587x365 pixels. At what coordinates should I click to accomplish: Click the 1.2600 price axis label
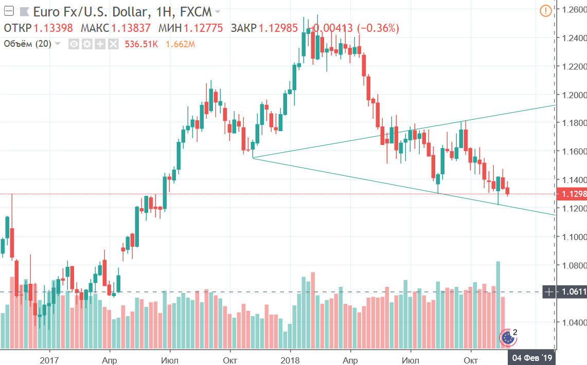(573, 10)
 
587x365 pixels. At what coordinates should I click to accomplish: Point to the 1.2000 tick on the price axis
(573, 95)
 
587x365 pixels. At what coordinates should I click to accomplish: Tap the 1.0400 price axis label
(573, 323)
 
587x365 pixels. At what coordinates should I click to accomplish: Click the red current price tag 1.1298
(572, 194)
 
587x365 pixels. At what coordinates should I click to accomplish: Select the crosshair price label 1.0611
(572, 292)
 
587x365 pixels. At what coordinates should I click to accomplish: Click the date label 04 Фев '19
(533, 356)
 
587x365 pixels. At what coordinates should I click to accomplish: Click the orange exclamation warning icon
(546, 10)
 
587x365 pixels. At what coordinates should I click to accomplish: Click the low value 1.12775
(203, 28)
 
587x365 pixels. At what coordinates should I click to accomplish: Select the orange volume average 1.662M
(180, 44)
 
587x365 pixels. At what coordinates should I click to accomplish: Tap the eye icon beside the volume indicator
(74, 44)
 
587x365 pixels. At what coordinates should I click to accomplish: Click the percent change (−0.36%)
(375, 28)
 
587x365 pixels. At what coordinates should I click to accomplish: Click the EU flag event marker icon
(508, 337)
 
